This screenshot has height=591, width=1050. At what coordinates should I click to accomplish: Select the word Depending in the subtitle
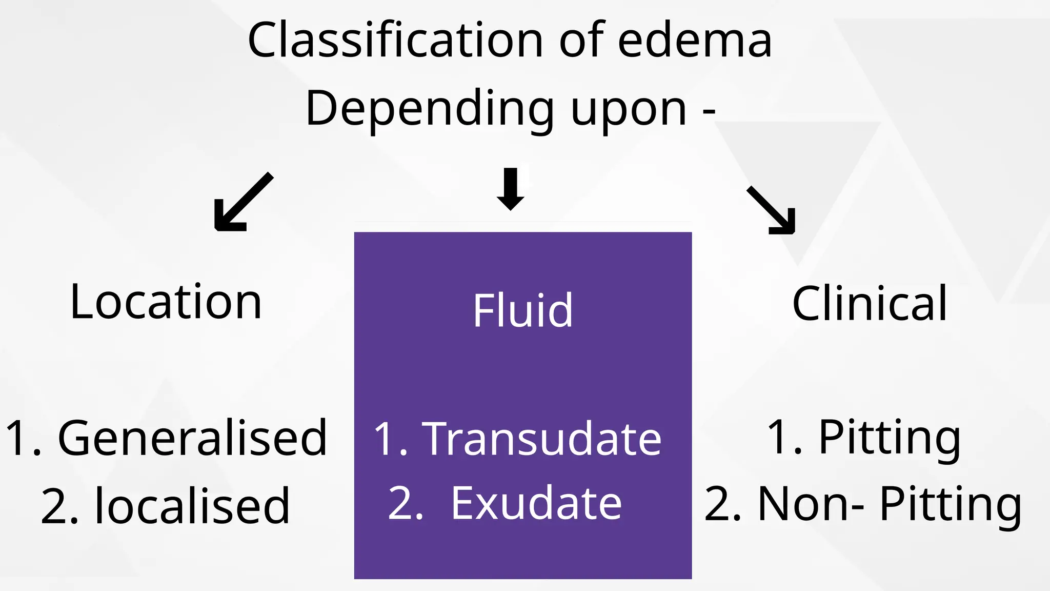click(x=430, y=109)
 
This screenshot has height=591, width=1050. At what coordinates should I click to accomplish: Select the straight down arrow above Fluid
click(x=511, y=189)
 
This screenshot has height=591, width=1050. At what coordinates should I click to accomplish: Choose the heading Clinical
click(x=870, y=304)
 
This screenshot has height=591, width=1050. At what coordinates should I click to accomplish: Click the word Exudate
click(x=536, y=503)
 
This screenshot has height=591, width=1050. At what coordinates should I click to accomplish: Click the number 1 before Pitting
click(x=778, y=437)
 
